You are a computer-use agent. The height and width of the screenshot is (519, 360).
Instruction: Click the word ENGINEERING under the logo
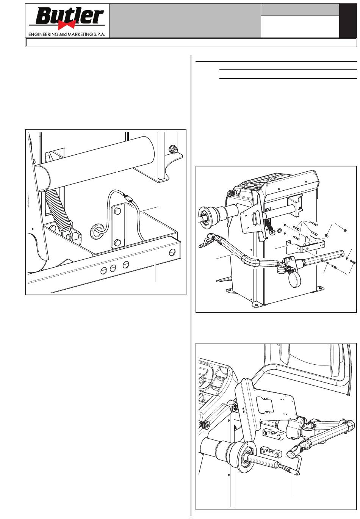(43, 34)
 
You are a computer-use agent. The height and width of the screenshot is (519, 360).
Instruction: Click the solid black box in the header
(348, 20)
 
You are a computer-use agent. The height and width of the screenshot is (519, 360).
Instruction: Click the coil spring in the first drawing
(58, 211)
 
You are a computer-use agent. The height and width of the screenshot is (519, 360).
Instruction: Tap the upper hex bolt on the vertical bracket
(117, 211)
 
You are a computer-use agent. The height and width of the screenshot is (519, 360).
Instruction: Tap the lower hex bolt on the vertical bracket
(117, 243)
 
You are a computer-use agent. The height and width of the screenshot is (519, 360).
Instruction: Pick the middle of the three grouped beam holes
(113, 268)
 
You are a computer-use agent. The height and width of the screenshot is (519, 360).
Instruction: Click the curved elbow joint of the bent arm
(250, 261)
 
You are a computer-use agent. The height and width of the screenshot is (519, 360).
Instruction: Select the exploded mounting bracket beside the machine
(305, 246)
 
